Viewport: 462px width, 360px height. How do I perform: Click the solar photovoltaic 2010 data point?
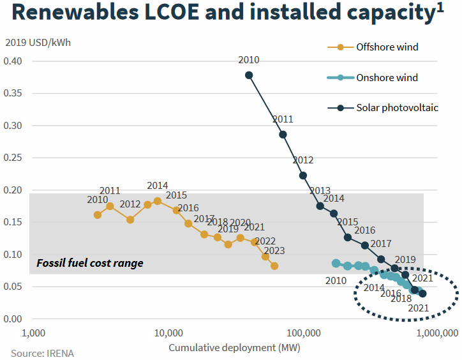pos(249,75)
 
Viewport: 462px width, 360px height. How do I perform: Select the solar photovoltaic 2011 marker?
pos(283,135)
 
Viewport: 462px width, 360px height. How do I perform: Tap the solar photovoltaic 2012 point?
pos(303,176)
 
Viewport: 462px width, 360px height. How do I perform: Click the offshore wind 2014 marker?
pos(158,201)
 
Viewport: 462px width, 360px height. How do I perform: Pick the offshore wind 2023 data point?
pos(274,266)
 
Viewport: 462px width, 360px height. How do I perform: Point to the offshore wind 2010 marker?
pos(98,215)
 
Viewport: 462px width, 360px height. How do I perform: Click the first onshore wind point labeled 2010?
pos(336,263)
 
